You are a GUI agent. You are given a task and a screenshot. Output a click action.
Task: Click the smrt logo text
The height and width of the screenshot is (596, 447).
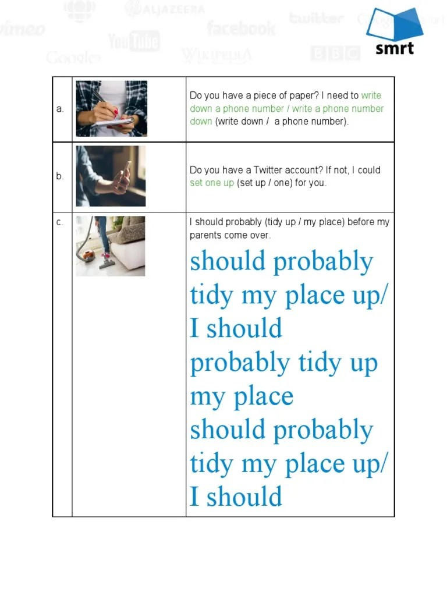click(x=395, y=47)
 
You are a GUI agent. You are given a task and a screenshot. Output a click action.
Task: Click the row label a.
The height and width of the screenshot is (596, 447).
click(x=60, y=109)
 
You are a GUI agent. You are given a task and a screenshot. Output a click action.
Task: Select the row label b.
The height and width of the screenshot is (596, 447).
click(x=60, y=176)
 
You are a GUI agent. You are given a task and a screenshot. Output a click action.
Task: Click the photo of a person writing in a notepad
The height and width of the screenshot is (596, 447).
click(x=111, y=109)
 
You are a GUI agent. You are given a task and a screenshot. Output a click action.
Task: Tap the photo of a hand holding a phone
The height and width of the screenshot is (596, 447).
click(x=111, y=176)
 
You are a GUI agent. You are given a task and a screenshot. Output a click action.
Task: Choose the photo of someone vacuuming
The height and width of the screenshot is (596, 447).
click(x=111, y=246)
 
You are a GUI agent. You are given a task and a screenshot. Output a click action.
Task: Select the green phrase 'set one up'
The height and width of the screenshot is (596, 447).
click(x=212, y=183)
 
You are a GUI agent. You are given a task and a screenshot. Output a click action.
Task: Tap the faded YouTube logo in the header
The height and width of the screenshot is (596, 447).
click(x=134, y=41)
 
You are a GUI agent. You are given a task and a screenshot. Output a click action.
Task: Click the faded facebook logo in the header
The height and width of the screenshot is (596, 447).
click(x=241, y=27)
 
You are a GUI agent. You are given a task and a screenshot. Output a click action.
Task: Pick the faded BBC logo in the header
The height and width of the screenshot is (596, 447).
click(x=335, y=54)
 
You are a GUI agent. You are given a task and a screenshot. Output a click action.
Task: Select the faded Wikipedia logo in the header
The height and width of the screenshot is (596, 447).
click(x=217, y=55)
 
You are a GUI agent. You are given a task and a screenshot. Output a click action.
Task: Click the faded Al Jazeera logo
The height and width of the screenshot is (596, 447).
click(x=165, y=9)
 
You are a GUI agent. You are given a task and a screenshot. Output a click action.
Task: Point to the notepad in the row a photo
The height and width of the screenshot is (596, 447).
click(x=113, y=123)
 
